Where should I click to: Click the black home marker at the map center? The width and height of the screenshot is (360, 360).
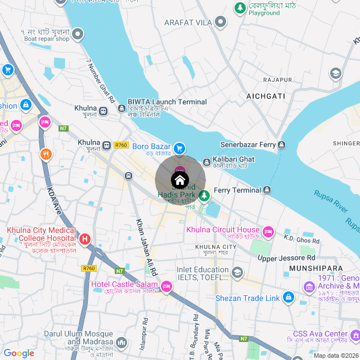tap(179, 181)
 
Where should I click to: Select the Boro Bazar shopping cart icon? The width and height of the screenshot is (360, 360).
tap(179, 148)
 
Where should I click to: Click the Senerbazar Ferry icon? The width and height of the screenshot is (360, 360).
tap(281, 145)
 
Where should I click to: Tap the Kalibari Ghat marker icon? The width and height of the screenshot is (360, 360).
tap(207, 161)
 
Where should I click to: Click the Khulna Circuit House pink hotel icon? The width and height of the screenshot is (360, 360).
tap(268, 231)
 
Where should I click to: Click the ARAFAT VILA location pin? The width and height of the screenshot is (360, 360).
tap(221, 22)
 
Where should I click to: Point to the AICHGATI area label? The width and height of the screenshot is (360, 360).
tap(266, 97)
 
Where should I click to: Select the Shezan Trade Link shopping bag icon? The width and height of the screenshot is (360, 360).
tap(288, 296)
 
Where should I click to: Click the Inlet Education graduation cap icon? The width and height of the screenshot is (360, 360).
tap(237, 273)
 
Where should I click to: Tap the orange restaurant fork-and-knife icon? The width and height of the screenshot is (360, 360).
tap(46, 154)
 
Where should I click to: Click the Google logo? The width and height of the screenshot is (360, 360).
tap(19, 353)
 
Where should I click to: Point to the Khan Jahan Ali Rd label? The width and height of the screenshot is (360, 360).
tap(147, 245)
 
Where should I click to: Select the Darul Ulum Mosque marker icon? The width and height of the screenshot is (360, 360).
tap(121, 341)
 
